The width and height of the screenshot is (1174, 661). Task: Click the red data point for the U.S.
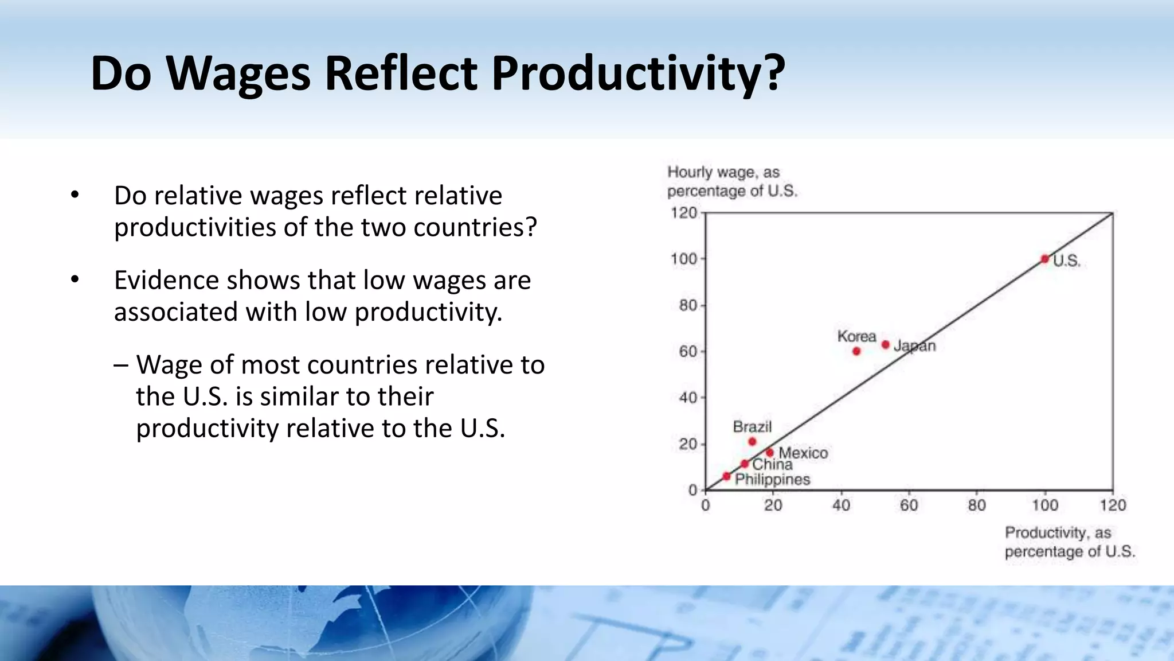1045,259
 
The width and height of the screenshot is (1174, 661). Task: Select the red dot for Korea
856,351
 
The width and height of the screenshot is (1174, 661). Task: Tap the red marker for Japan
886,345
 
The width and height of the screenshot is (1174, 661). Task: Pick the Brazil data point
753,442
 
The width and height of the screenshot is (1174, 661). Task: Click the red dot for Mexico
770,453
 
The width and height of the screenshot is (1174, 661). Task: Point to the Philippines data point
726,476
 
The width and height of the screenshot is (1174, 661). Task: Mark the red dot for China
745,464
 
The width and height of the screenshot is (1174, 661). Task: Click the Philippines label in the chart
772,480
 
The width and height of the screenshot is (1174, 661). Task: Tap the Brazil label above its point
752,427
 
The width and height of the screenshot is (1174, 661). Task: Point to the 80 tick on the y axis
688,305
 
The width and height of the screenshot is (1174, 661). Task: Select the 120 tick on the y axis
684,213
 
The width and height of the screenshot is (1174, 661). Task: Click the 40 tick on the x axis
841,506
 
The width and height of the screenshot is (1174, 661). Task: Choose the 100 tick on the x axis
1044,506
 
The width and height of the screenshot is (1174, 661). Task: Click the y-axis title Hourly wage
723,172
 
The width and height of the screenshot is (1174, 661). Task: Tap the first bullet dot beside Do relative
75,195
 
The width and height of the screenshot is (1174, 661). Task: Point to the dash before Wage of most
121,365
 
